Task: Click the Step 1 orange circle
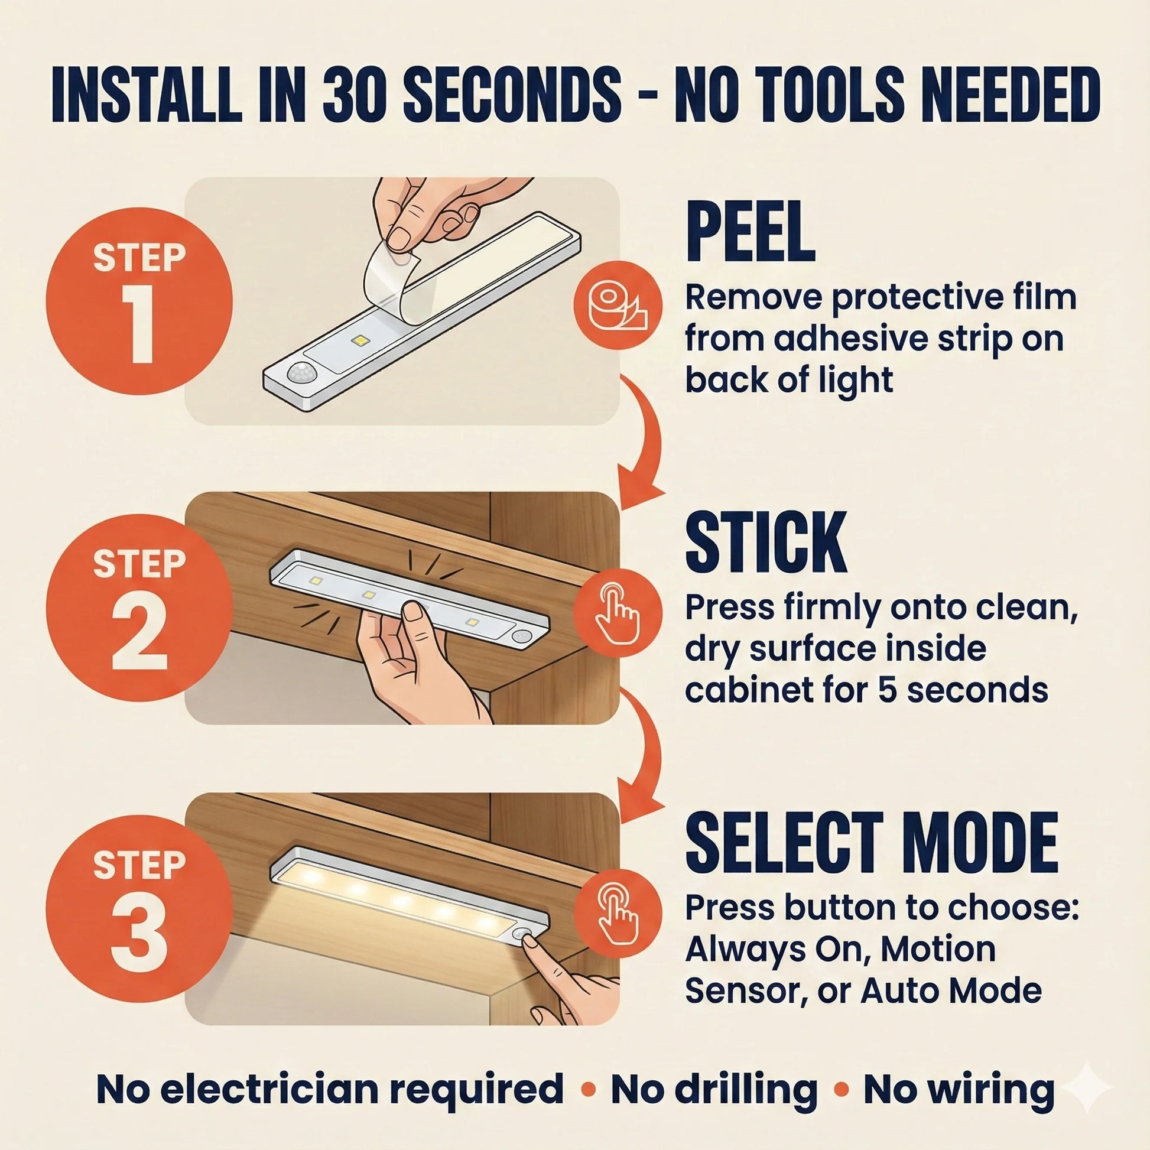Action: pos(139,301)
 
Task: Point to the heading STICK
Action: pos(766,542)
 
